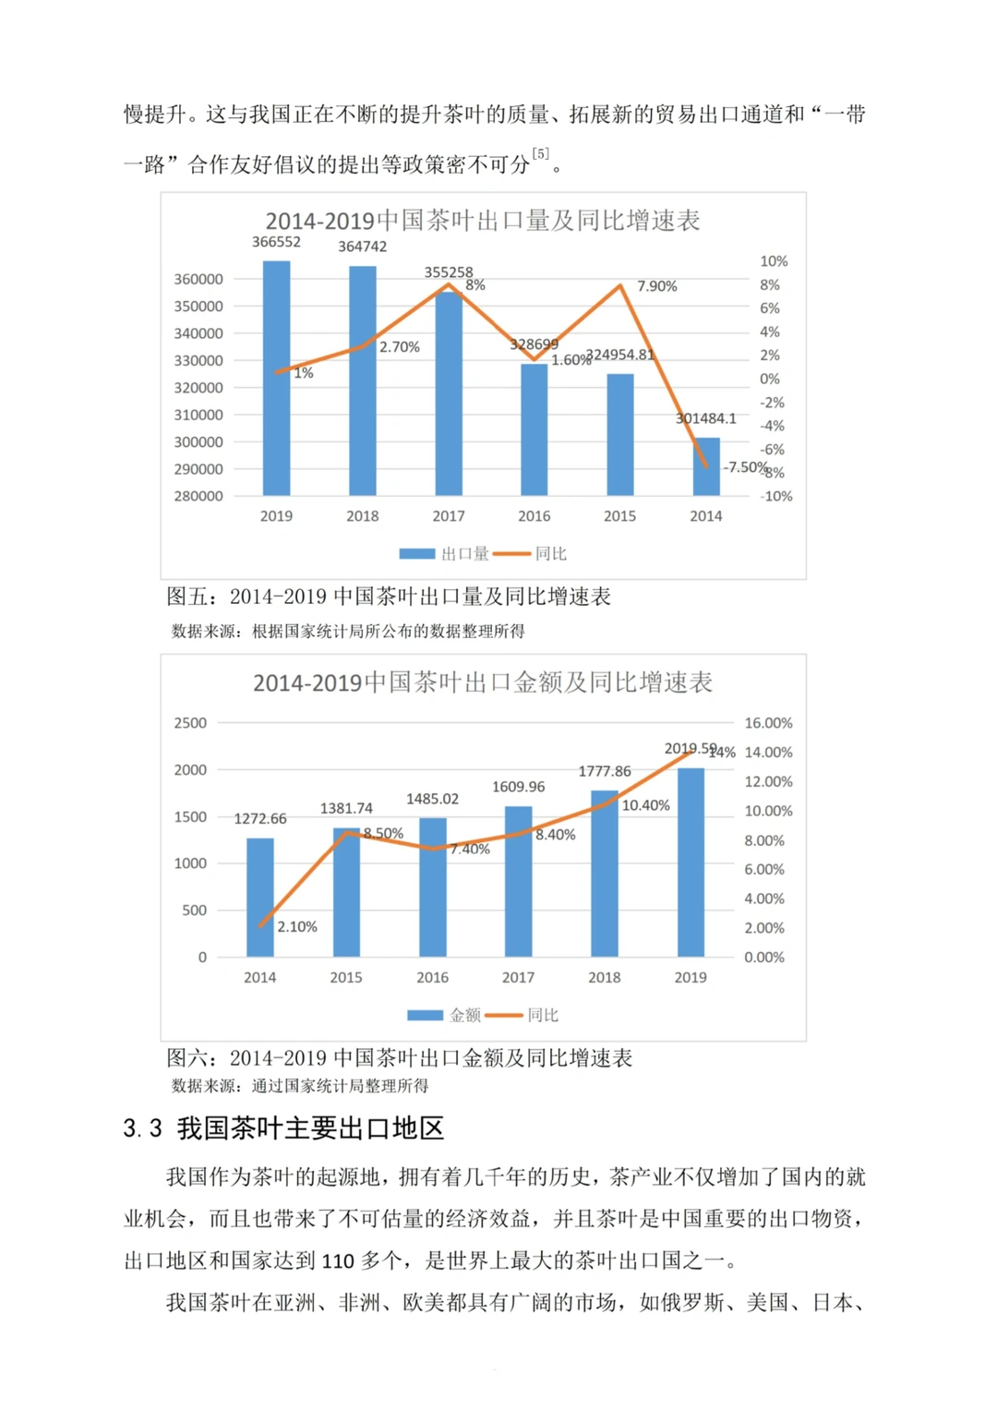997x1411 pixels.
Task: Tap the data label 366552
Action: [276, 242]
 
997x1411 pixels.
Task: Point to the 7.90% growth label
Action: [656, 286]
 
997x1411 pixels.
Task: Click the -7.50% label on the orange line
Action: [744, 467]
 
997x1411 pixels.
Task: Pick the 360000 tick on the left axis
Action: [198, 279]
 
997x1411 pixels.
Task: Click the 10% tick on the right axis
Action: [774, 261]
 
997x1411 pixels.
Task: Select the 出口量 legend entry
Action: [444, 553]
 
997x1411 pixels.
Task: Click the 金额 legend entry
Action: [444, 1015]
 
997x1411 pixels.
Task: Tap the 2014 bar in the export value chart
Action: [260, 898]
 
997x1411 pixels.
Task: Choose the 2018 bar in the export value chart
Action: [605, 874]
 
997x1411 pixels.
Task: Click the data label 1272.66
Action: [260, 819]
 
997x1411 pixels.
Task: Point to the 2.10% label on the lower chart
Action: [297, 926]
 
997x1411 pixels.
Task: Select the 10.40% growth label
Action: [645, 805]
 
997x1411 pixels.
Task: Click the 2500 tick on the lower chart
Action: [190, 723]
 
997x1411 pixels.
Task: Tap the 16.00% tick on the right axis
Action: [768, 723]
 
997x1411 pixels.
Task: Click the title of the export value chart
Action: [483, 682]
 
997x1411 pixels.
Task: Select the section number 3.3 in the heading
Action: [143, 1128]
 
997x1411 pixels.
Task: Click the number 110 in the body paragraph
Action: [338, 1261]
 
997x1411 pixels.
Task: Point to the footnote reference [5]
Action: [541, 153]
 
